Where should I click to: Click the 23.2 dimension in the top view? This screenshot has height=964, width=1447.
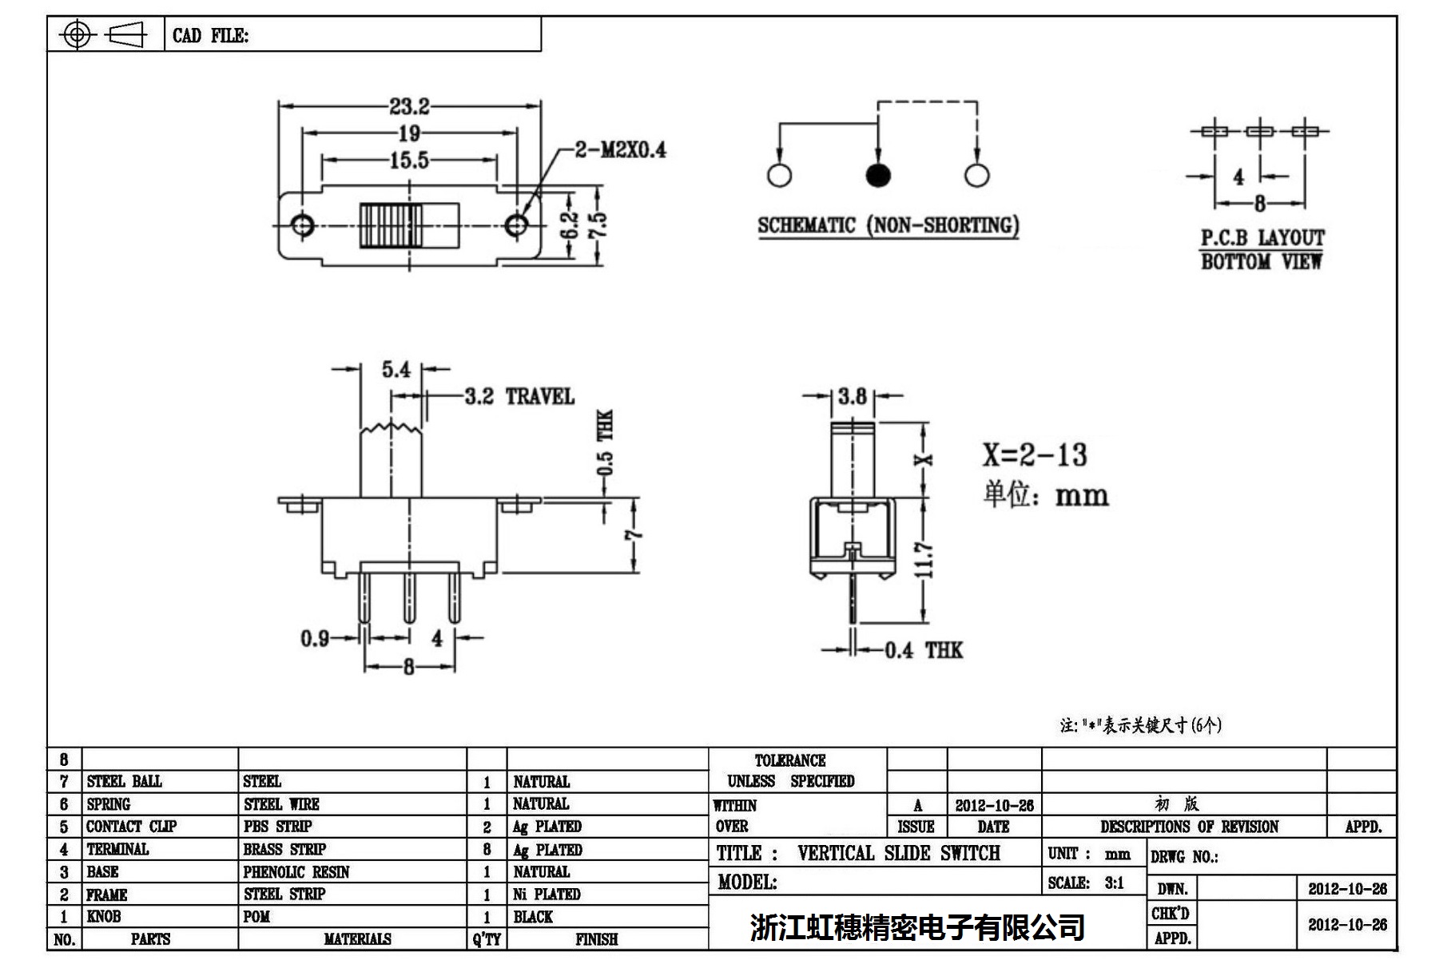(409, 106)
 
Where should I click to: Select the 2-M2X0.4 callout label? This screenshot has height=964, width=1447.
(620, 149)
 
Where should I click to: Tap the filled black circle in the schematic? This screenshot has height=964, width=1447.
(878, 176)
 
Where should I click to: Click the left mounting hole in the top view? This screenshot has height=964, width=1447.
(302, 225)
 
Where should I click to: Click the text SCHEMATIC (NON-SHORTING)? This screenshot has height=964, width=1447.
(888, 226)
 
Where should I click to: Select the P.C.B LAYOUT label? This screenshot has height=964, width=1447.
(1262, 238)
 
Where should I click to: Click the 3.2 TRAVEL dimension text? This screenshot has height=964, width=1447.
(519, 396)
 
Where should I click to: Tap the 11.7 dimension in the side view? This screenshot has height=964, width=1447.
(925, 559)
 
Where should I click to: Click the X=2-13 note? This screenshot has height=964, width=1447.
(1035, 455)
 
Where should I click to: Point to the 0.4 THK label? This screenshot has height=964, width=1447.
(923, 650)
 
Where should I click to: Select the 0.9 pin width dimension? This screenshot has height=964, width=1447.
(315, 638)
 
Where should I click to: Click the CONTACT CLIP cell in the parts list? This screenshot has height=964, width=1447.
(131, 827)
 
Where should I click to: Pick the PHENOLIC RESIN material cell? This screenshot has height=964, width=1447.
(296, 872)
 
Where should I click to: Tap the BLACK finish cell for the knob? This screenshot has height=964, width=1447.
(533, 917)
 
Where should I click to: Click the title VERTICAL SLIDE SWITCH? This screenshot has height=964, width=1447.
(898, 854)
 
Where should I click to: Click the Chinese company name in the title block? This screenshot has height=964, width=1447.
(917, 927)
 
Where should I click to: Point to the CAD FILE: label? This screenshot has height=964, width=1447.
(210, 36)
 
